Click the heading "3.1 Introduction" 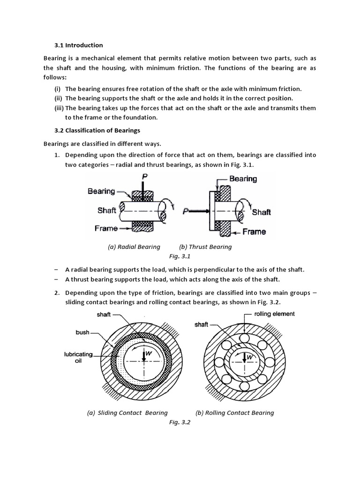tap(79, 45)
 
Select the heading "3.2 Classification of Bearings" tap(98, 130)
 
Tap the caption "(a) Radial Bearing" tap(134, 247)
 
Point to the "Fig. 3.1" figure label tap(180, 256)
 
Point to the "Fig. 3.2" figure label tap(180, 422)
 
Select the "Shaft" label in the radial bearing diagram tap(107, 210)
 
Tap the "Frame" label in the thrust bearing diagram tap(255, 232)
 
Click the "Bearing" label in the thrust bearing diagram tap(243, 179)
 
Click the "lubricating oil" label tap(79, 358)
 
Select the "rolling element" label tap(274, 314)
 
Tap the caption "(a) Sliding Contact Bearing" tap(127, 412)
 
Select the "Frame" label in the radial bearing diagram tap(106, 228)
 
